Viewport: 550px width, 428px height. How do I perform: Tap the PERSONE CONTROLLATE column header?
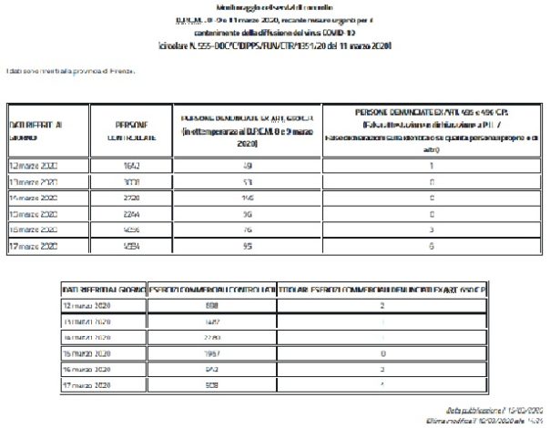(130, 128)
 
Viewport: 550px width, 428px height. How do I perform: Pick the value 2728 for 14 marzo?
(130, 199)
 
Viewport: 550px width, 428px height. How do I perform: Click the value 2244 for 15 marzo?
(130, 214)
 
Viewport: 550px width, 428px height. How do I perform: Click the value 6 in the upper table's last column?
(429, 246)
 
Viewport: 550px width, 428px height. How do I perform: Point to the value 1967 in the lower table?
(210, 352)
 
